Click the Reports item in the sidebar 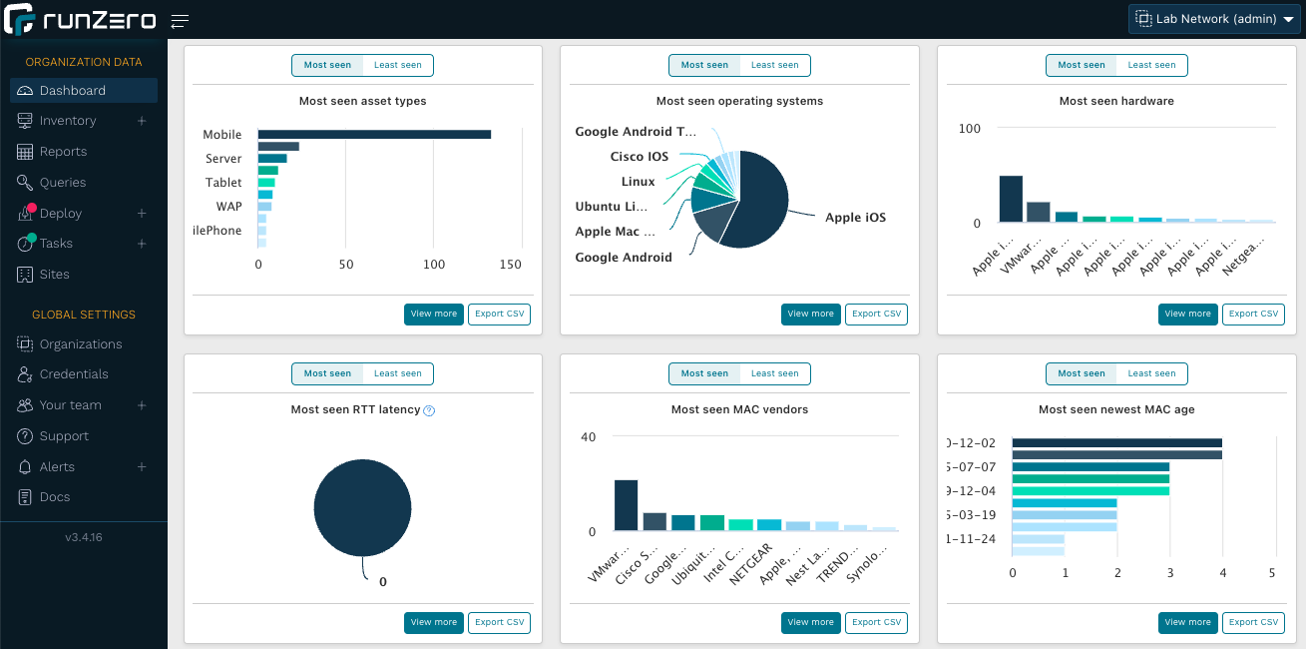pos(63,152)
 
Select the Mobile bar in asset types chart pos(374,135)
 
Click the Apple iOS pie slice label pos(855,218)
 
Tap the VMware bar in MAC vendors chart pos(626,505)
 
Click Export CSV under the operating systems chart pos(876,314)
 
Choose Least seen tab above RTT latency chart pos(397,373)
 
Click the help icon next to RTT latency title pos(429,410)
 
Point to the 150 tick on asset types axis pos(510,265)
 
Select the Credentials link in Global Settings pos(74,374)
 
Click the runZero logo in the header pos(80,19)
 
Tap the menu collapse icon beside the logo pos(180,21)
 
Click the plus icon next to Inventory pos(142,121)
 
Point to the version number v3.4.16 pos(84,537)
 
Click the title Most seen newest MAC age pos(1115,409)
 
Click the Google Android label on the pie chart pos(624,258)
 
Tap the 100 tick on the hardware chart pos(970,129)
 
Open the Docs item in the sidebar pos(55,497)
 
